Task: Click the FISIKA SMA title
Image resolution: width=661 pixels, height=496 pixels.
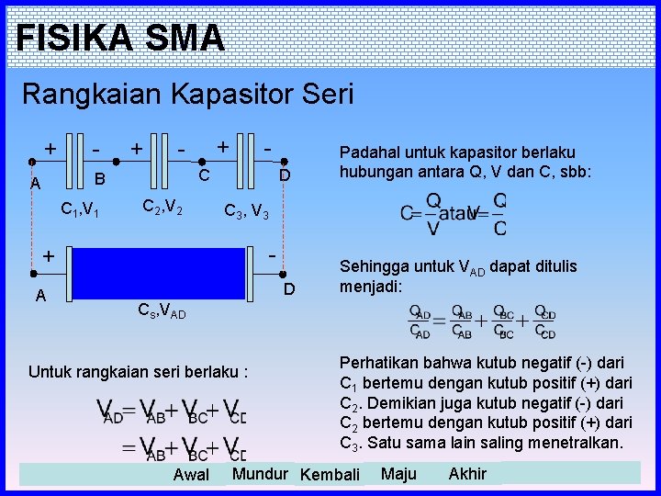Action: pyautogui.click(x=120, y=38)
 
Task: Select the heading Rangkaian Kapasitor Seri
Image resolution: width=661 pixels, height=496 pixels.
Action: pyautogui.click(x=187, y=94)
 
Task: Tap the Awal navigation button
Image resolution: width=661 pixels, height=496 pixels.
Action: pyautogui.click(x=191, y=475)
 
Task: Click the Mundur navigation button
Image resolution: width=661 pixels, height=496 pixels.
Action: pyautogui.click(x=260, y=474)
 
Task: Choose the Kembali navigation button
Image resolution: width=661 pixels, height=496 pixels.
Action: pyautogui.click(x=330, y=475)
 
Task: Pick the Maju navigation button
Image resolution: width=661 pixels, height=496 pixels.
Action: pyautogui.click(x=398, y=474)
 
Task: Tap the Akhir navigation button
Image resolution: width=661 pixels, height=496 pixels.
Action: pyautogui.click(x=467, y=474)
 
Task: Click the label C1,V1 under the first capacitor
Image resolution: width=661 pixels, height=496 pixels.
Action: pyautogui.click(x=81, y=212)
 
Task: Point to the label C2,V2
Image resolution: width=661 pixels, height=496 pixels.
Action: pyautogui.click(x=162, y=210)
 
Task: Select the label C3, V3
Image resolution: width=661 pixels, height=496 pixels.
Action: pyautogui.click(x=247, y=212)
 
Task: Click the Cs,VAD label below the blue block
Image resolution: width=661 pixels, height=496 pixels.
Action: pyautogui.click(x=161, y=311)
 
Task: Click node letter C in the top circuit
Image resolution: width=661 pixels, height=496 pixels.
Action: pyautogui.click(x=205, y=175)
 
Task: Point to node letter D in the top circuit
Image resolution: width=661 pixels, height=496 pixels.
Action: pyautogui.click(x=285, y=175)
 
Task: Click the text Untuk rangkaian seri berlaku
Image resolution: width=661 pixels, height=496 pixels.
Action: pyautogui.click(x=139, y=372)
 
